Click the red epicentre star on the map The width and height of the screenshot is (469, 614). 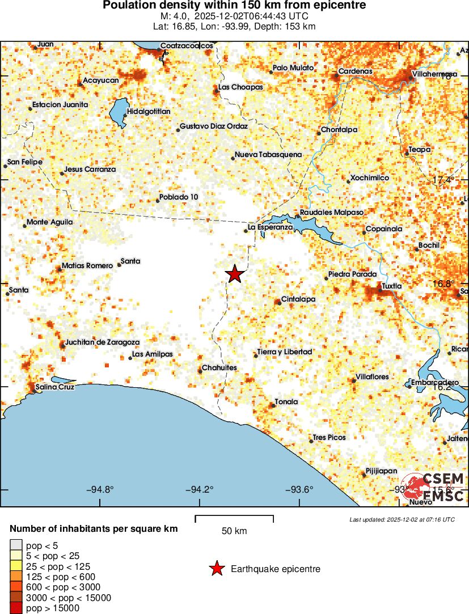pos(235,274)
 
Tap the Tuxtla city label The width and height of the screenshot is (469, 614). pos(391,286)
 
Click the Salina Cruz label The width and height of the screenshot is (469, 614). pos(54,387)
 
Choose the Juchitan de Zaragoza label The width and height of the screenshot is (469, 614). pos(102,342)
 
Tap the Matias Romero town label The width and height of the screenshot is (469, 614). pos(87,265)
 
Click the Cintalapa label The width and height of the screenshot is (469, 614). pos(298,299)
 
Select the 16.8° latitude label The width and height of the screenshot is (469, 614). pos(443,283)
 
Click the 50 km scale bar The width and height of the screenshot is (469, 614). pos(234,518)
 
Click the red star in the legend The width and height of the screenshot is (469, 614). pos(217,569)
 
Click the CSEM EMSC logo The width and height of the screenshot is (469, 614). pos(436,487)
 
